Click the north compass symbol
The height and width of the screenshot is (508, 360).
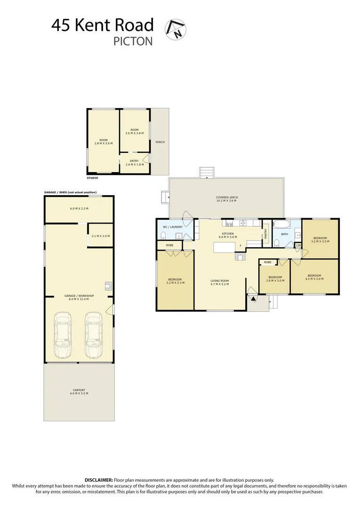[x=176, y=30]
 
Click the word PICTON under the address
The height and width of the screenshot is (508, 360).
[x=133, y=41]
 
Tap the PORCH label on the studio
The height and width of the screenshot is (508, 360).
[x=160, y=142]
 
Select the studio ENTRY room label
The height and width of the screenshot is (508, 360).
[x=134, y=161]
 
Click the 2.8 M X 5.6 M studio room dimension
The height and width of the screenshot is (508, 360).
[x=104, y=143]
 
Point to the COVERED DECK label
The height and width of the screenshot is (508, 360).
[x=227, y=197]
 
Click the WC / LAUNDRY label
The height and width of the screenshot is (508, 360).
[x=173, y=227]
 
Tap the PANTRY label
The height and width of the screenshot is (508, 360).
[x=266, y=233]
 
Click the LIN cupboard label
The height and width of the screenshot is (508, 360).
[x=298, y=245]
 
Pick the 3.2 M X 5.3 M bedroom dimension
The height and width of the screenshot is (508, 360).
[x=176, y=283]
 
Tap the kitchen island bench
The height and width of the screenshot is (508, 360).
[x=224, y=247]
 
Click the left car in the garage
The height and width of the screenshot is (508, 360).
[x=63, y=335]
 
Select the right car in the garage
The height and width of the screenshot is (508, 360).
[x=94, y=335]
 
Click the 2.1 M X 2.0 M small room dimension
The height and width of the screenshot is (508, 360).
[x=100, y=236]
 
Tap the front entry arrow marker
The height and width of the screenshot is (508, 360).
[x=253, y=298]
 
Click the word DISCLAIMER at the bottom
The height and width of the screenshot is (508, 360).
[x=99, y=480]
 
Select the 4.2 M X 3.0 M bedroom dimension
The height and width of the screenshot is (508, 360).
[x=314, y=279]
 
